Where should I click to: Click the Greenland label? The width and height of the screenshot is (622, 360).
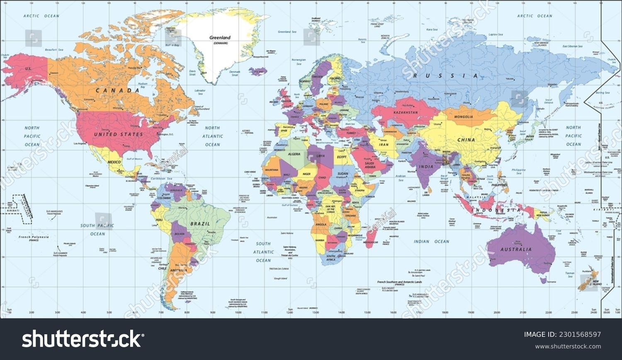click(220, 38)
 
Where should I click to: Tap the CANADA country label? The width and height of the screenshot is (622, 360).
click(117, 90)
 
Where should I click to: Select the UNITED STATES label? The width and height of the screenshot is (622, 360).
click(118, 134)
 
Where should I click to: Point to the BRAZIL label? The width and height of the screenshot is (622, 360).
click(200, 224)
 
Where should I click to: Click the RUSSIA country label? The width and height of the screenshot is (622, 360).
click(446, 76)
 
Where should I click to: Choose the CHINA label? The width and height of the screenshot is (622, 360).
click(466, 140)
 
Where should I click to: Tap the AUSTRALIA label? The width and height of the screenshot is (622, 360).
click(516, 250)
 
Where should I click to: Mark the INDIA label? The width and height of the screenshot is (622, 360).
click(427, 167)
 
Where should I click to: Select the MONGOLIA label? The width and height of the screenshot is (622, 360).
click(464, 117)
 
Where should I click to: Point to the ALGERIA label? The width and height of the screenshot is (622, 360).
click(294, 154)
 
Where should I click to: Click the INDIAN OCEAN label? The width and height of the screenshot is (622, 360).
click(431, 241)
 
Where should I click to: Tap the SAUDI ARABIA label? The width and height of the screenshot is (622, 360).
click(370, 165)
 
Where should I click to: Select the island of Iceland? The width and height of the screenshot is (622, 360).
click(258, 71)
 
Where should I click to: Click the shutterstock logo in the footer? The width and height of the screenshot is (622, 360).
click(81, 339)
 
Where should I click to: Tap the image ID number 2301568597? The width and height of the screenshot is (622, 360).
click(581, 335)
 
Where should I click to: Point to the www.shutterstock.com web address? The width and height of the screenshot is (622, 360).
click(568, 346)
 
